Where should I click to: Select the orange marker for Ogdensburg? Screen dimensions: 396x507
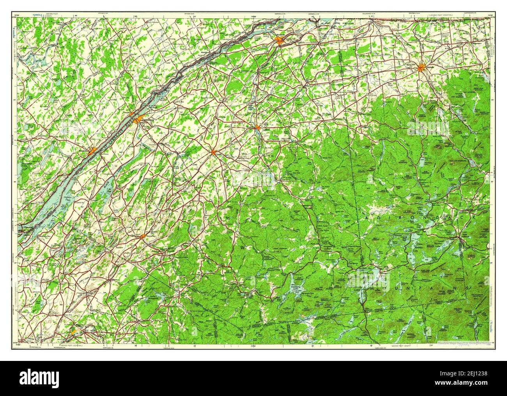point(136,119)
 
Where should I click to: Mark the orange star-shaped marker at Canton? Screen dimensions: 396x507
point(213,152)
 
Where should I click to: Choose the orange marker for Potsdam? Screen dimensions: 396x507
point(258,127)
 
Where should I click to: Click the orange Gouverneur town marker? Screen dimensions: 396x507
point(143,236)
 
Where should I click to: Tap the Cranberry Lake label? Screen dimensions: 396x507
point(298,287)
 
